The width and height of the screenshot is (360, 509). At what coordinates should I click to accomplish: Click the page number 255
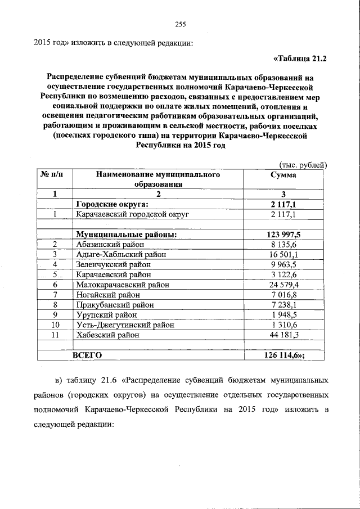(x=180, y=24)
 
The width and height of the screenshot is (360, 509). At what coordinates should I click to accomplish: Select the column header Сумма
(x=283, y=175)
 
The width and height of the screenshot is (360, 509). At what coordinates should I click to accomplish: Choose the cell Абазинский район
(x=110, y=244)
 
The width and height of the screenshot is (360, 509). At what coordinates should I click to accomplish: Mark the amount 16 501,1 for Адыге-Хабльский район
(x=284, y=254)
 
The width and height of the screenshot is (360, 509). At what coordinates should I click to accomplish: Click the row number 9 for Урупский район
(x=55, y=315)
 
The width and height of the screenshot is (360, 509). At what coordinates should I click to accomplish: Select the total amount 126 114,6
(x=283, y=355)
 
